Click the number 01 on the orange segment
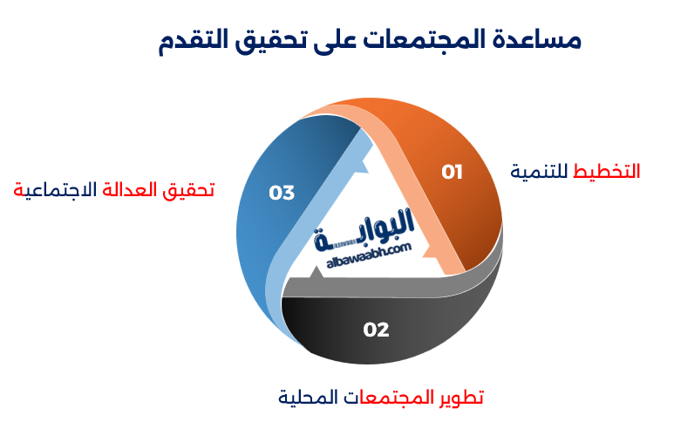[x=452, y=172]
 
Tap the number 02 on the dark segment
[x=376, y=330]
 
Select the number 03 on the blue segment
[x=282, y=193]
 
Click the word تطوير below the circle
[x=460, y=398]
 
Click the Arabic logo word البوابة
[x=365, y=228]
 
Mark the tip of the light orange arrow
[x=432, y=252]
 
